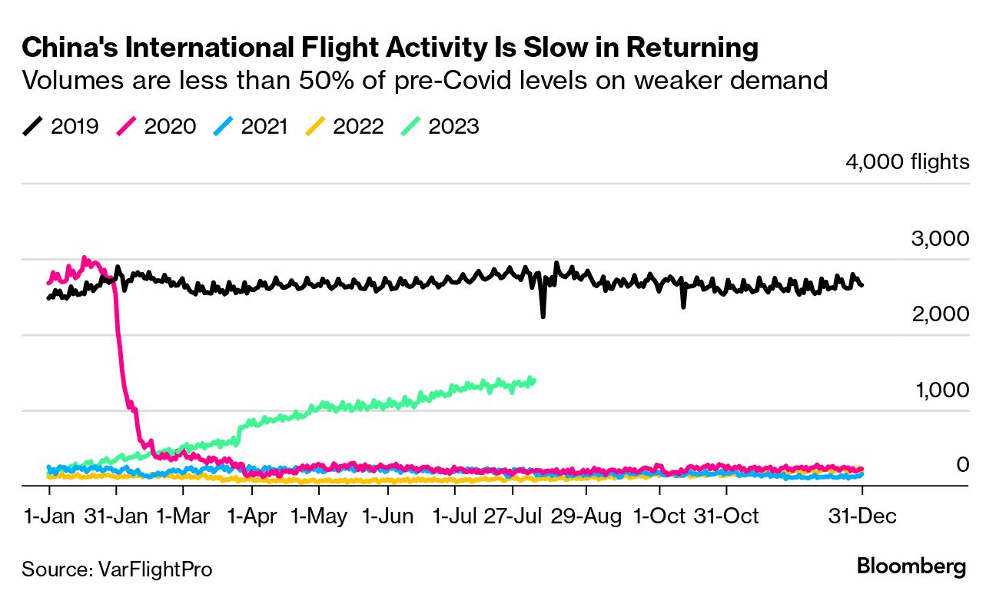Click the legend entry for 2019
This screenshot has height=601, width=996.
coord(61,126)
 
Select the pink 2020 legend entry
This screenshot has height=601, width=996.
coord(155,126)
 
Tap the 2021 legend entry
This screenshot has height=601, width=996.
coord(251,126)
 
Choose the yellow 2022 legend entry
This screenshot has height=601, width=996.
coord(344,126)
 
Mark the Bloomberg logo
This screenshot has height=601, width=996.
coord(911,568)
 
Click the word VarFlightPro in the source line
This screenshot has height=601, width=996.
coord(155,569)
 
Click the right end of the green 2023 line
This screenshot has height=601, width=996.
coord(533,380)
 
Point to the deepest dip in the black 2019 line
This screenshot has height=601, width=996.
coord(543,315)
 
